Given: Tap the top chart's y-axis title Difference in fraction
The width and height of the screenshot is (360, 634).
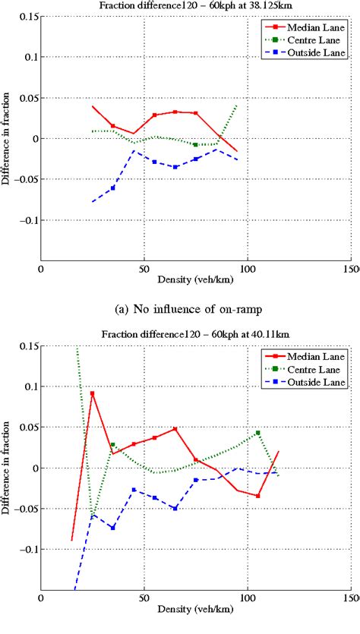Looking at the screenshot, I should (x=7, y=138).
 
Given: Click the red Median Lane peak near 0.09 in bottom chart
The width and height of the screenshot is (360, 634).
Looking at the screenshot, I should (x=92, y=393).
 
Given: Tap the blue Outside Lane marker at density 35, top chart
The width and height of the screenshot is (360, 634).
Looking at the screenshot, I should (x=113, y=188).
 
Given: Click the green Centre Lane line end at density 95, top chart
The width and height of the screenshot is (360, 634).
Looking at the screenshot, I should (x=237, y=106).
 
